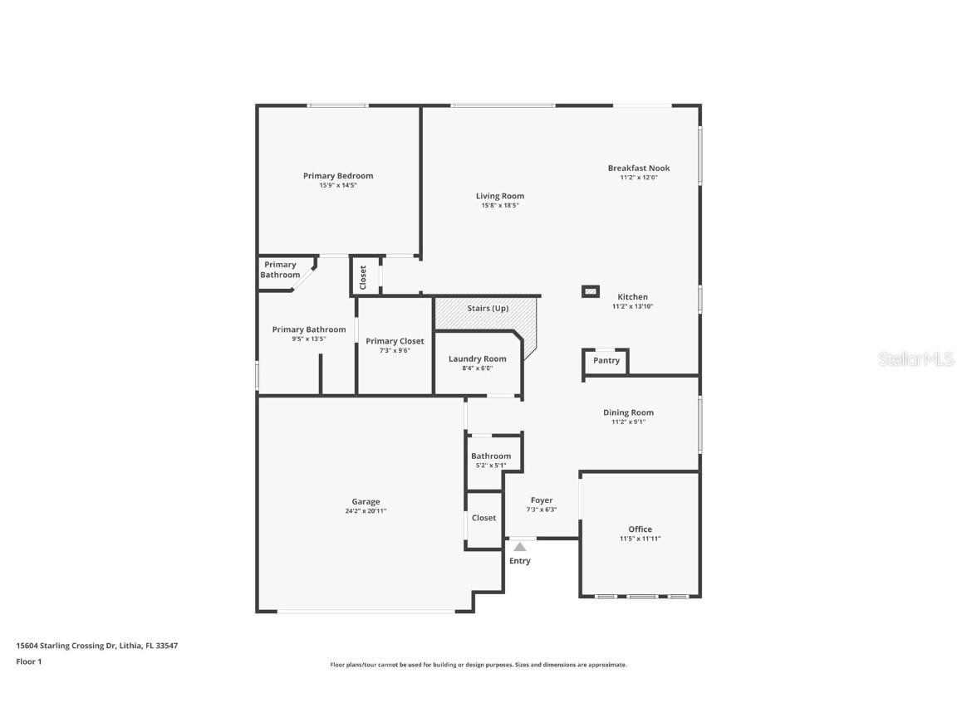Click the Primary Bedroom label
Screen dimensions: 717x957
coord(337,176)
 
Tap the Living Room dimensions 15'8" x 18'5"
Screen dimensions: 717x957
coord(499,206)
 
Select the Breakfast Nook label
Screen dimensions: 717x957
coord(638,168)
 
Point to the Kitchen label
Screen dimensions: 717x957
coord(632,297)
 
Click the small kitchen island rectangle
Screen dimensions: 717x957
coord(590,291)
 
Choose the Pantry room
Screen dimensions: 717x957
coord(606,361)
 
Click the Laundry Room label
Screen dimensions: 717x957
coord(477,359)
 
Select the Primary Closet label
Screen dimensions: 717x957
coord(395,341)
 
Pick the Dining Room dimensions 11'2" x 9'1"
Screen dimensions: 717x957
coord(628,422)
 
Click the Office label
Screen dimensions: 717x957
coord(640,529)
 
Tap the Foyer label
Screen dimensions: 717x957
coord(542,500)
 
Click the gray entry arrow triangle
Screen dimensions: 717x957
coord(520,547)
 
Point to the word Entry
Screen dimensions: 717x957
coord(520,561)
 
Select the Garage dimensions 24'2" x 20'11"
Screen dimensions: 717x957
coord(366,511)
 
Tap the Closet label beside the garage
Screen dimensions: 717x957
coord(483,518)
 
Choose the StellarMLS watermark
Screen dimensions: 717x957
coord(915,359)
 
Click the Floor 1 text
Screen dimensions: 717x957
coord(28,661)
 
